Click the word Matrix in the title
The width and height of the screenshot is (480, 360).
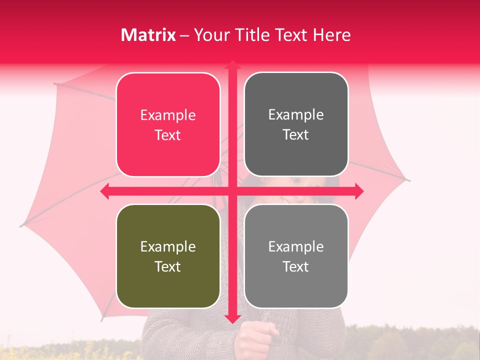(148, 35)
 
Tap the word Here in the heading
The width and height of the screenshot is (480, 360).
(332, 35)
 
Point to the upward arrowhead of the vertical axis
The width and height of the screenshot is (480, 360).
(232, 65)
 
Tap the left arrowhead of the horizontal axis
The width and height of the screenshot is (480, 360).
(105, 191)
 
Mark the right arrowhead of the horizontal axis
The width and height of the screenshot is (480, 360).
(358, 191)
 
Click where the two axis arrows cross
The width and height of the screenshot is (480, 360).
(232, 191)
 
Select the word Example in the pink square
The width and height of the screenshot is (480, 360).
(168, 115)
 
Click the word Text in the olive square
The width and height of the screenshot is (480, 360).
(167, 266)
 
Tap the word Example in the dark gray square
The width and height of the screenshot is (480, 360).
(296, 115)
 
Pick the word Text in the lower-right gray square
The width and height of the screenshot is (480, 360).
(295, 266)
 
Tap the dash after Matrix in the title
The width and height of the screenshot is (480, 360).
(184, 35)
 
